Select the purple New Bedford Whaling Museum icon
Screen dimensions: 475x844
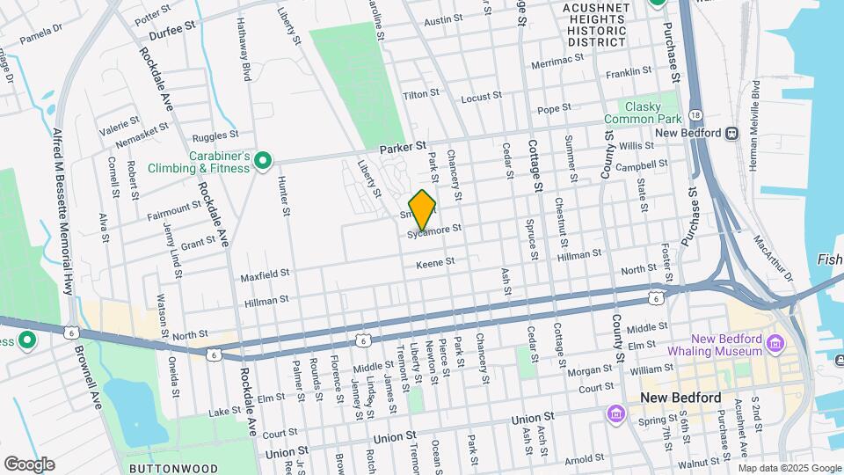(775, 342)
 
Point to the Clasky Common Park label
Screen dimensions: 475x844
(642, 112)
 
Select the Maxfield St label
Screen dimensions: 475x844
(266, 276)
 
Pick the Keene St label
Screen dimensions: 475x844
(435, 263)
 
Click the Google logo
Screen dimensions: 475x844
(29, 464)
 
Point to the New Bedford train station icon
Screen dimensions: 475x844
(731, 134)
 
